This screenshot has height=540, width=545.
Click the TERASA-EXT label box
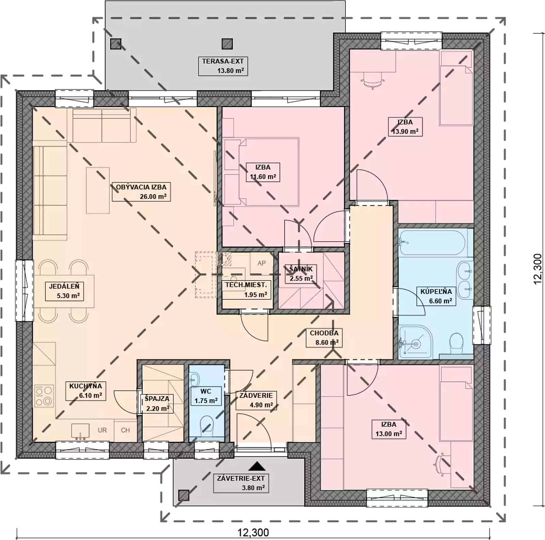[x=223, y=66]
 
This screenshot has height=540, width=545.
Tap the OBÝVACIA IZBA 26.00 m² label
[x=141, y=191]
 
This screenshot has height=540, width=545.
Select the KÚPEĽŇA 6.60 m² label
[x=436, y=296]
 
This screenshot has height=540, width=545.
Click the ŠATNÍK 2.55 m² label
[x=301, y=274]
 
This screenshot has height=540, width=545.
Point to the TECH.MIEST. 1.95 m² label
[x=246, y=290]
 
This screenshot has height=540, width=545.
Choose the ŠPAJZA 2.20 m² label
[x=157, y=403]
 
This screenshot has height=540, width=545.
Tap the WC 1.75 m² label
[x=206, y=396]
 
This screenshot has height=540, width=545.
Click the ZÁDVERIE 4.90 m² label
[x=256, y=400]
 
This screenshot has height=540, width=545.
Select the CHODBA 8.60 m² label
[x=324, y=338]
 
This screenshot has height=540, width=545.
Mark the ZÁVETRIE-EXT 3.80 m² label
[x=241, y=483]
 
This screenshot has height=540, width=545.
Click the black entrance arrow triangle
[x=257, y=466]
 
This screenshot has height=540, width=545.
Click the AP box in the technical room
[x=262, y=263]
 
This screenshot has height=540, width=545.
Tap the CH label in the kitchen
[x=125, y=430]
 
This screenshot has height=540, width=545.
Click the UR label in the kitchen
[x=102, y=430]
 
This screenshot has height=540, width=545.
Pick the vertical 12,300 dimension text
[x=537, y=269]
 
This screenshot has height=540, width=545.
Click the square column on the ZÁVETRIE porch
[x=184, y=495]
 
